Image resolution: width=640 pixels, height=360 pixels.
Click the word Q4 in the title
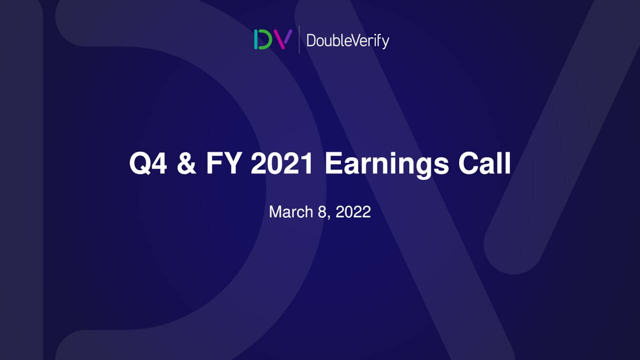pos(148,163)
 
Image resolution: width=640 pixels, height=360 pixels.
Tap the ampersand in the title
pos(186,163)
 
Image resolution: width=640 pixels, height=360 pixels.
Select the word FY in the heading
pos(223,163)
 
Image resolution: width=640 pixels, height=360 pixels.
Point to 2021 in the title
pos(282,163)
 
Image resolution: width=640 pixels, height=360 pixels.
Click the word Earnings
pos(386,163)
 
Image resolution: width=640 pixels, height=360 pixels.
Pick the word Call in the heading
pos(484,163)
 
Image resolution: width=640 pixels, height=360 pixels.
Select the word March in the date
pos(290,211)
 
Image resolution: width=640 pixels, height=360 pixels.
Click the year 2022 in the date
pos(353,211)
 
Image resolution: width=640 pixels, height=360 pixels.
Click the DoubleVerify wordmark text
pos(347,40)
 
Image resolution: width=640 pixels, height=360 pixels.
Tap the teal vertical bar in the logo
pos(256,39)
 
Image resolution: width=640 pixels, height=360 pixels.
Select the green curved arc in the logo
pos(266,39)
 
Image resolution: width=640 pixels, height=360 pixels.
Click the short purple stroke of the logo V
pos(288,36)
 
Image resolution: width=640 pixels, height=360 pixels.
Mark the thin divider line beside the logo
pos(299,39)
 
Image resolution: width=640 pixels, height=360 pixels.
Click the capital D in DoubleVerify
pos(310,40)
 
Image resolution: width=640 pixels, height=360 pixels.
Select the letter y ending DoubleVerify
pos(385,42)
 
